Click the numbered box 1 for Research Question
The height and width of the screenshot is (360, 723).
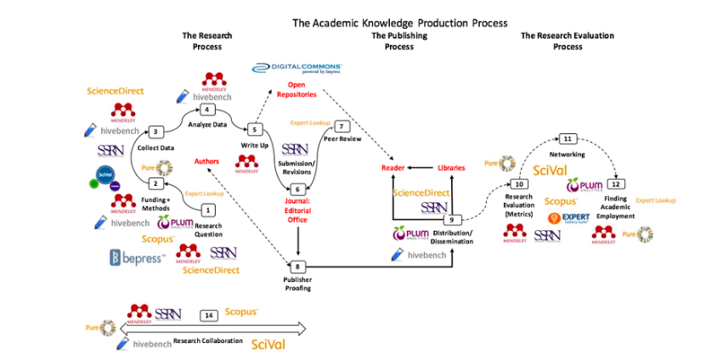point(208,210)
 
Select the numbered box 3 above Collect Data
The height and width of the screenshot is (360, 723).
point(155,132)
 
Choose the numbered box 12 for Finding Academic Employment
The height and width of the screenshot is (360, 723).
point(617,183)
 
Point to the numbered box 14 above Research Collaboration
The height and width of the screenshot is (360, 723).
point(210,315)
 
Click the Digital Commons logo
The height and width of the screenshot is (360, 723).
point(298,67)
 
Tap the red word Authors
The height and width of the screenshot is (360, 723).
point(207,160)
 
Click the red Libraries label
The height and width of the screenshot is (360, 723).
point(451,168)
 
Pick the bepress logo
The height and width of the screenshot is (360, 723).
point(136,256)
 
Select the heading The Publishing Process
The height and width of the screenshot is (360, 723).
point(398,41)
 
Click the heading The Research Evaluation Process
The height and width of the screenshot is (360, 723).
point(568,41)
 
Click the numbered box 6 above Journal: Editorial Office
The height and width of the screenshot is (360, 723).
point(297,188)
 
